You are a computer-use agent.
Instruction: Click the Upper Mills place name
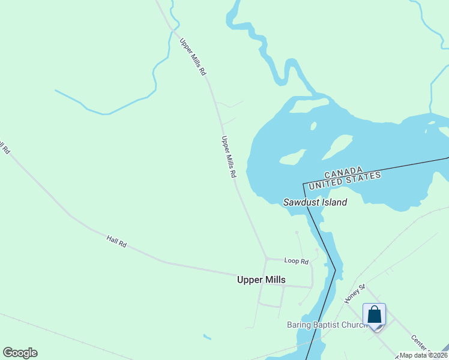click(261, 280)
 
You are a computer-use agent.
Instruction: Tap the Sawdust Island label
click(315, 202)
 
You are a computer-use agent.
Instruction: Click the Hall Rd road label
click(116, 241)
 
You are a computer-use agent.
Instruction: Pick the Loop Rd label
click(296, 261)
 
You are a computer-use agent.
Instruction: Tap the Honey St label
click(355, 293)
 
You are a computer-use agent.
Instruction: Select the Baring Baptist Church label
click(327, 325)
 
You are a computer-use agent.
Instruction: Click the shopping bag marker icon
click(374, 315)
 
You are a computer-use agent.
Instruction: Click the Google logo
click(20, 353)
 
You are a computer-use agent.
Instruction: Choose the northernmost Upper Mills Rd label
click(193, 56)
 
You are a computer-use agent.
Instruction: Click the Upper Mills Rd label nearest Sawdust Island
click(229, 157)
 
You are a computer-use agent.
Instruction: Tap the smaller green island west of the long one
click(292, 158)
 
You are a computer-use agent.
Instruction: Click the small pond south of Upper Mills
click(207, 337)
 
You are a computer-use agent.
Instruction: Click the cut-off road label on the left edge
click(5, 148)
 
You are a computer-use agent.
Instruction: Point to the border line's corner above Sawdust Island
click(303, 182)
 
